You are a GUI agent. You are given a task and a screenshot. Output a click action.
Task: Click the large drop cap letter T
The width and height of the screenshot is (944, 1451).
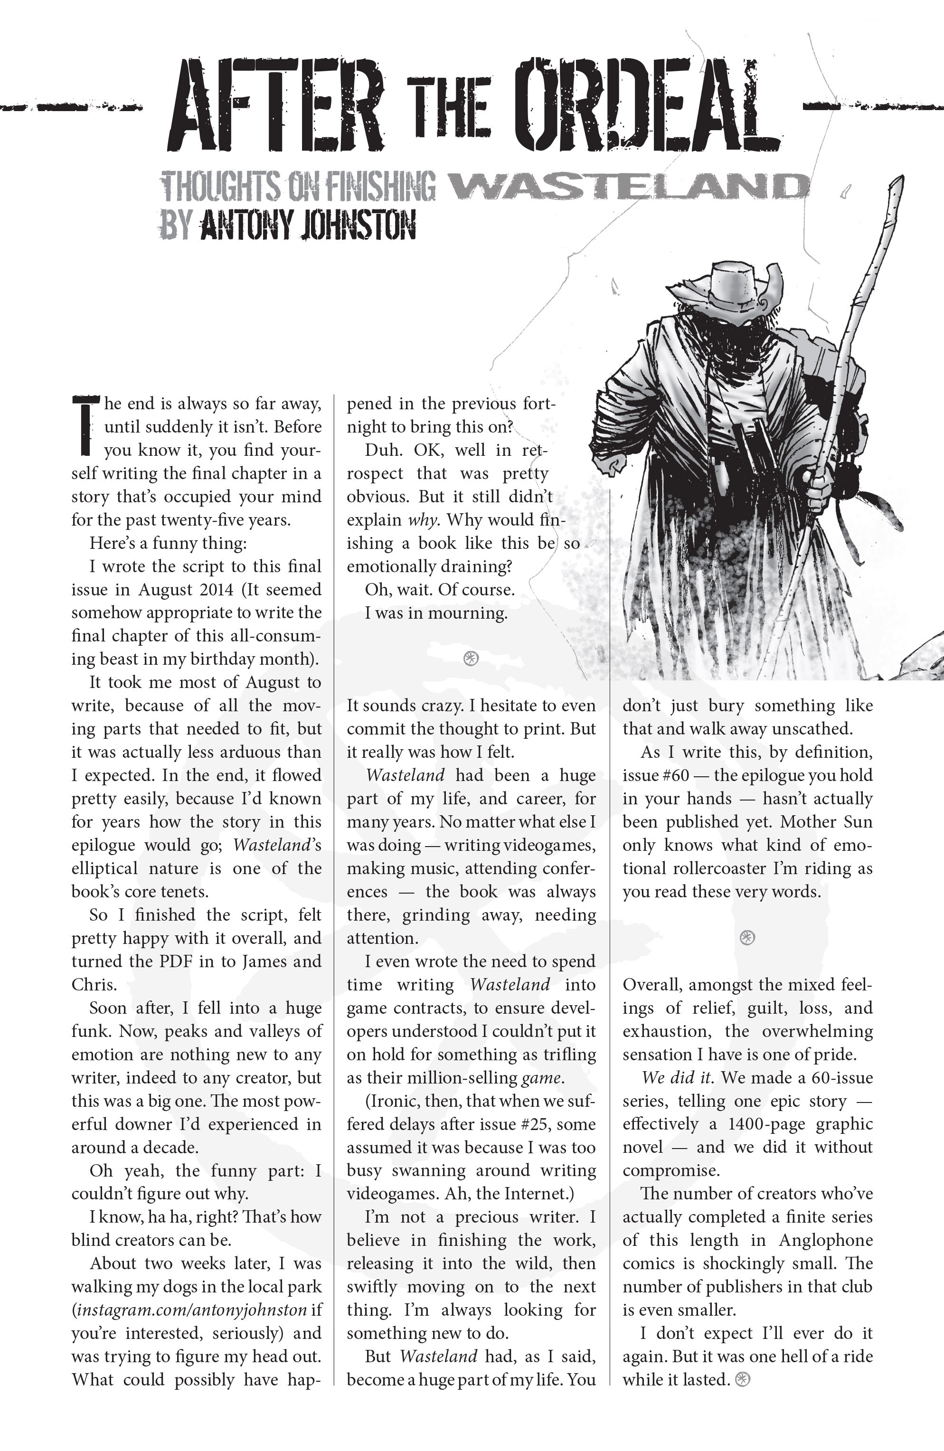tap(85, 425)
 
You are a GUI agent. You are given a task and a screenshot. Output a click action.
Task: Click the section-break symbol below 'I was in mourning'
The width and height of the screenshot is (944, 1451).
tap(471, 658)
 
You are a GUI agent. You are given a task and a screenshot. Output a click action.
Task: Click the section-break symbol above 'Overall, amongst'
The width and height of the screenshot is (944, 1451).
tap(747, 938)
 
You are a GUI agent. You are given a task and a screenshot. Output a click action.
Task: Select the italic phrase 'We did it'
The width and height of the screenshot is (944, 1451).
tap(676, 1077)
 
